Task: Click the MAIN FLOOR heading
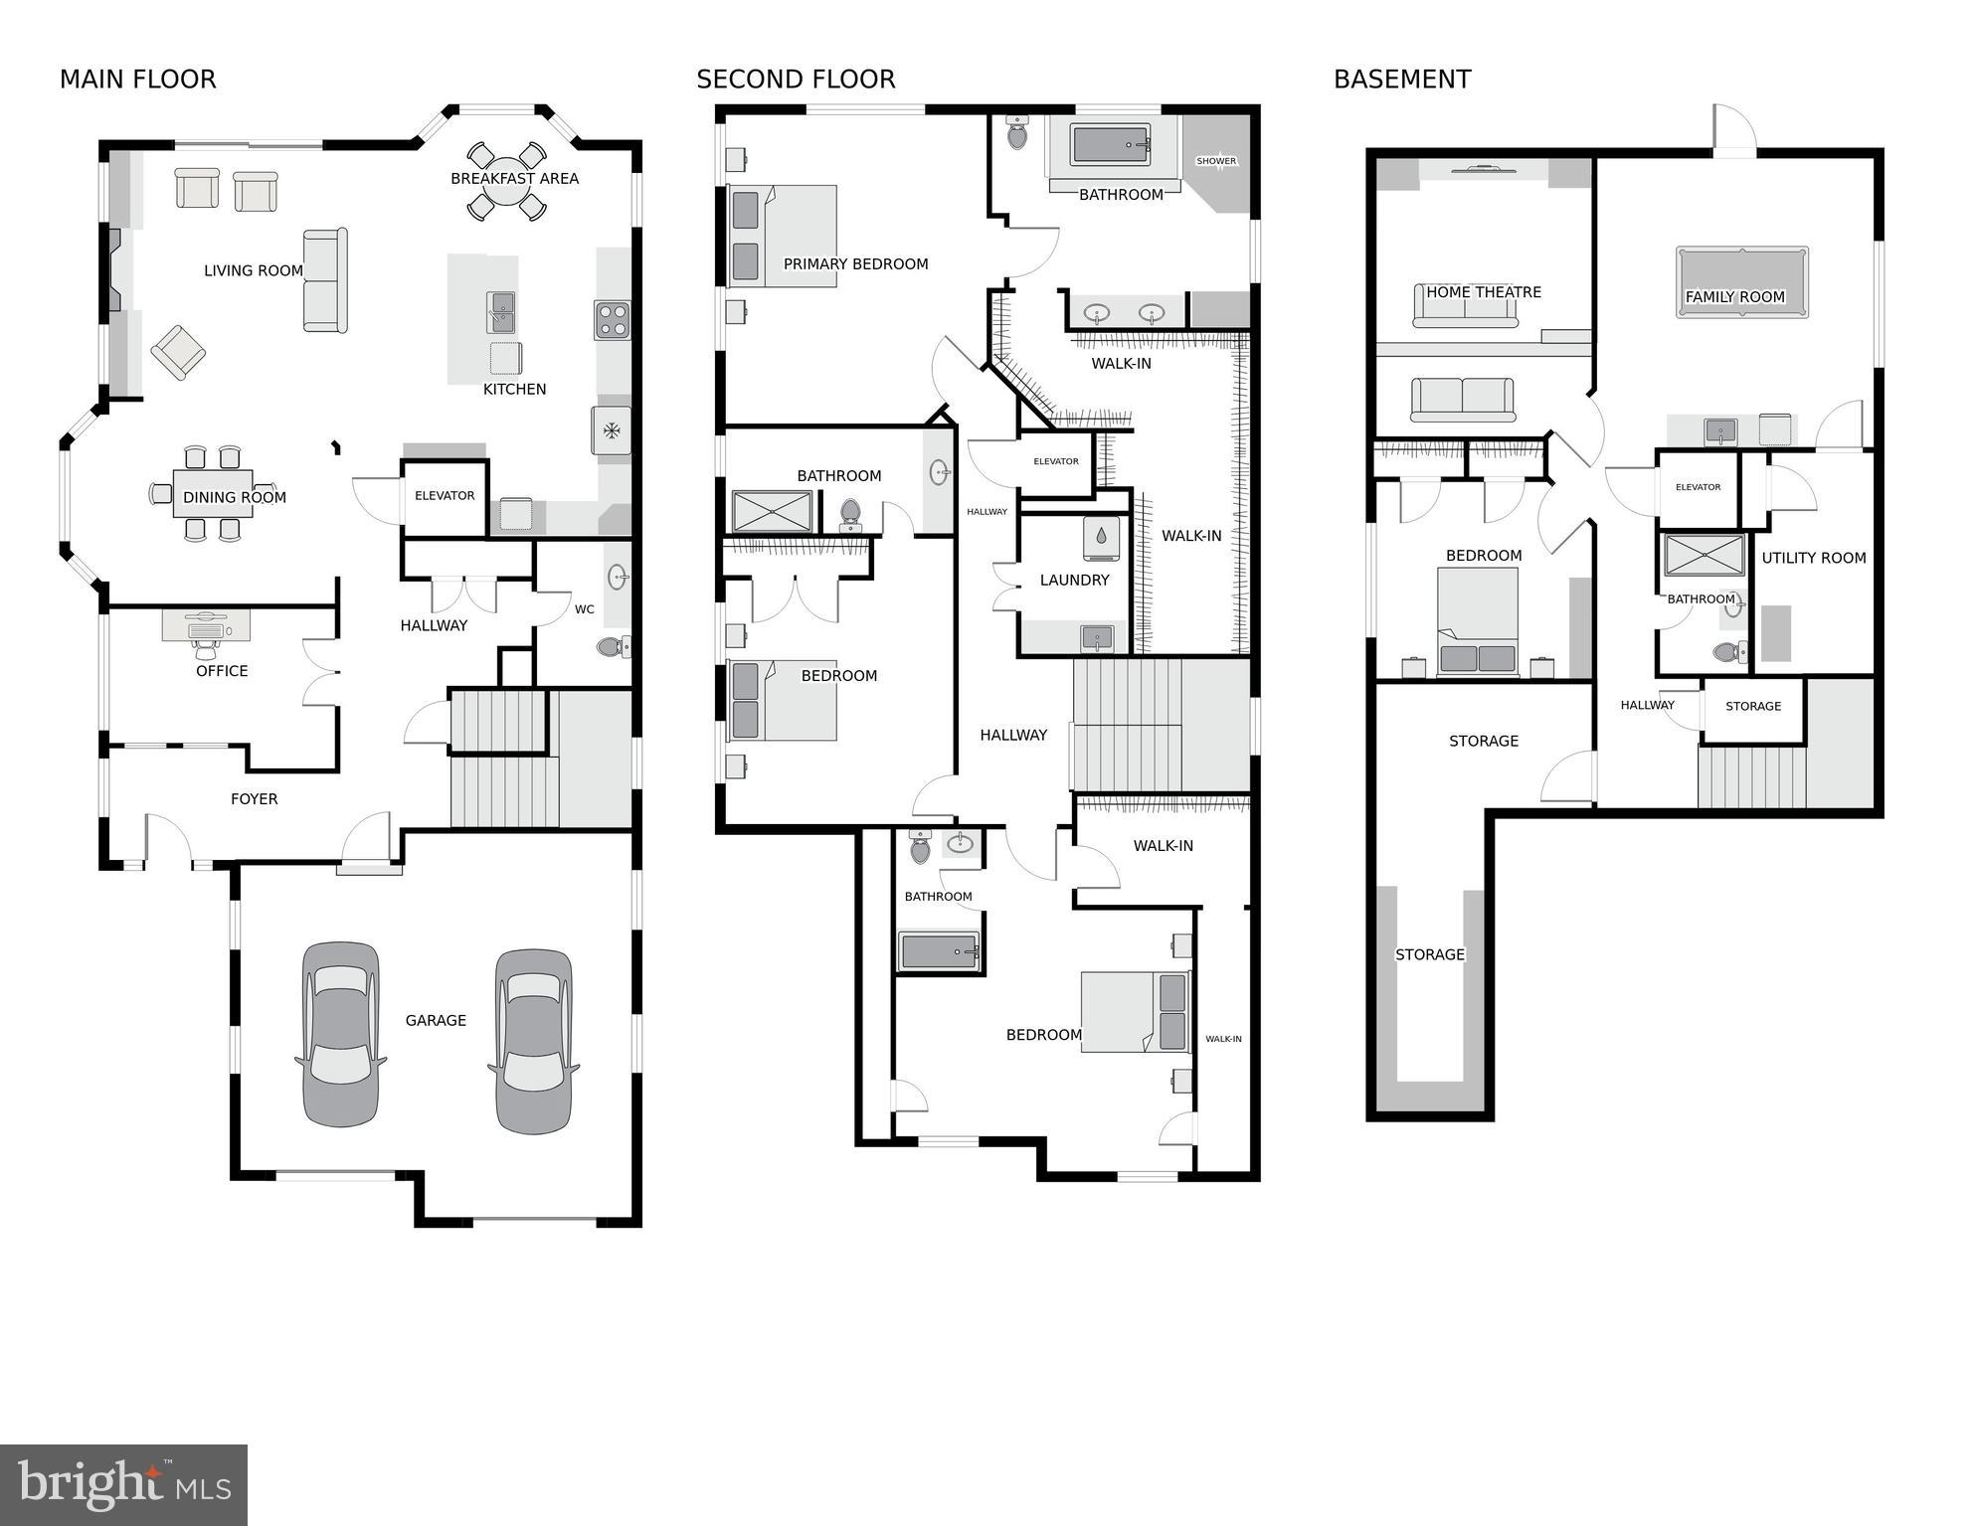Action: click(x=137, y=80)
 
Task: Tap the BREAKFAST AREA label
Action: click(x=514, y=179)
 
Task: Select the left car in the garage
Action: click(x=340, y=1034)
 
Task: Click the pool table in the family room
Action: click(x=1741, y=282)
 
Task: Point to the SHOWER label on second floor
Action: click(x=1215, y=161)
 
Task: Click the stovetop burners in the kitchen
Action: click(x=612, y=320)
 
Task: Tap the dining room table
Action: click(x=213, y=494)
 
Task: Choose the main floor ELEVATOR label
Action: click(x=445, y=495)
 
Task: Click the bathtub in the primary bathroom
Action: click(x=1110, y=145)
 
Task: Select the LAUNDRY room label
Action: click(x=1074, y=580)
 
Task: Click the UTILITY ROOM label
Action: click(x=1813, y=558)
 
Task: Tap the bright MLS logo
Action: click(x=123, y=1485)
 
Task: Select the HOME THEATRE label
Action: click(x=1483, y=292)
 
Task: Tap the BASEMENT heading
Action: click(x=1401, y=80)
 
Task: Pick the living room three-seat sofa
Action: click(x=325, y=280)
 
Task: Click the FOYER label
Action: click(x=254, y=799)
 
